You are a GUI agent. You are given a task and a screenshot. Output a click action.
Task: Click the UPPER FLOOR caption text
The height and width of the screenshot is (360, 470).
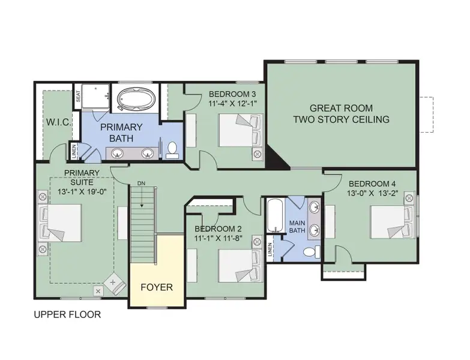point(67,314)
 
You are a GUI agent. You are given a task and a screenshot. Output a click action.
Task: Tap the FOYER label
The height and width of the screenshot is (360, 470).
point(157,287)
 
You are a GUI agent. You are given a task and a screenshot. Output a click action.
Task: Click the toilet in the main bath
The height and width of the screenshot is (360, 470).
point(309,251)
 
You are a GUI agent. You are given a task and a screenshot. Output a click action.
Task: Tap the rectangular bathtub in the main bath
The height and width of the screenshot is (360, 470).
point(276,215)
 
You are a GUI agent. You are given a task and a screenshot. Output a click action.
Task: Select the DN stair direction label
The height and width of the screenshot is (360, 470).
point(142,184)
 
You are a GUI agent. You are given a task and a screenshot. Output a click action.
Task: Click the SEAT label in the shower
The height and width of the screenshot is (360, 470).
point(77,97)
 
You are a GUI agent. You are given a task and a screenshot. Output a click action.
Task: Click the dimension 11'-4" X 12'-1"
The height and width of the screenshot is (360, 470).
point(232,104)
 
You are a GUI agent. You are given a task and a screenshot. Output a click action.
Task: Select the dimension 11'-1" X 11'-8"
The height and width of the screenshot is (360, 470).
point(217,238)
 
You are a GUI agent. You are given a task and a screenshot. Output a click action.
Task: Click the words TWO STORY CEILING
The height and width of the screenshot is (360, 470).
point(341,119)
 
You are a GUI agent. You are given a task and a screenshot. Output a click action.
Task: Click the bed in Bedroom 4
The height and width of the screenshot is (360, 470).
point(391,222)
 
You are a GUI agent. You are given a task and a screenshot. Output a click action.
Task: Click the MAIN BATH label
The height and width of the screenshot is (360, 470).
point(297,226)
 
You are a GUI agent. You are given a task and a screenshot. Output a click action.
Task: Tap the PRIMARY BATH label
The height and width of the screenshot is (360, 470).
point(121,132)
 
